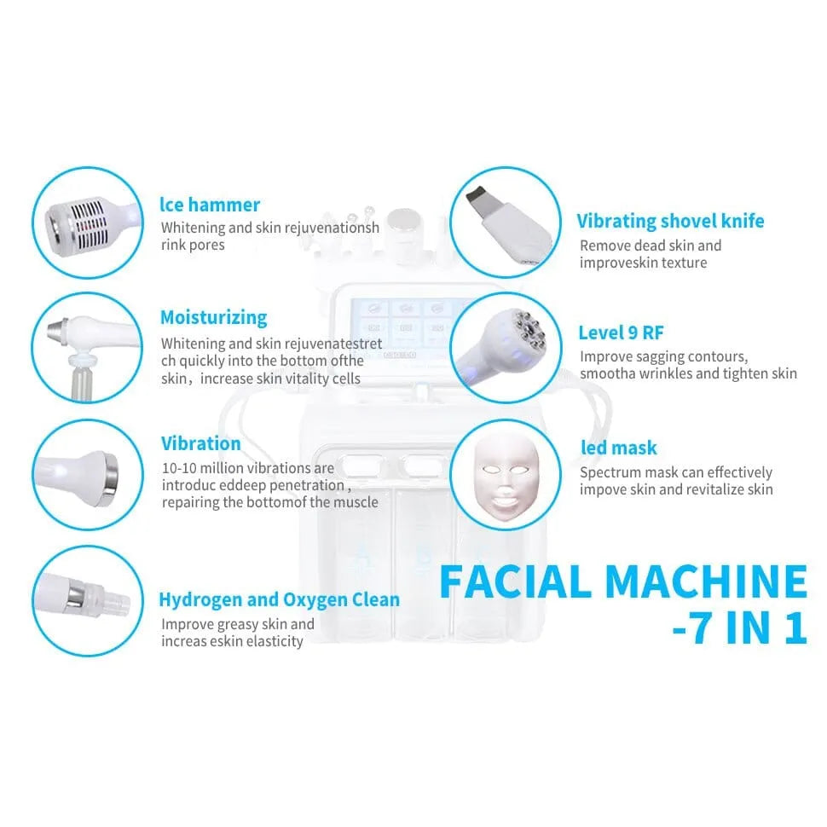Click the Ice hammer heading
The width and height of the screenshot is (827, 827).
pos(211,205)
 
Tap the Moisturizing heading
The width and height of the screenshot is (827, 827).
pos(213,317)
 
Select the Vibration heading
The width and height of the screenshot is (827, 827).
pos(201,443)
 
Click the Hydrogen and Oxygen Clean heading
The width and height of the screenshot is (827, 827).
pos(280,599)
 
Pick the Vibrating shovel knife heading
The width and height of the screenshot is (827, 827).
pos(670,222)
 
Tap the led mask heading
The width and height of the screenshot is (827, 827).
pos(618,448)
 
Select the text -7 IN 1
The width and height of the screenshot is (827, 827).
pos(738,631)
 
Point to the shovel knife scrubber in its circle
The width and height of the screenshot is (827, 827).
pos(503,223)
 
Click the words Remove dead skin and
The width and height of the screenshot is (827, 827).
pos(651,246)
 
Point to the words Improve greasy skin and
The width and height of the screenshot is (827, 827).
pos(238,624)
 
